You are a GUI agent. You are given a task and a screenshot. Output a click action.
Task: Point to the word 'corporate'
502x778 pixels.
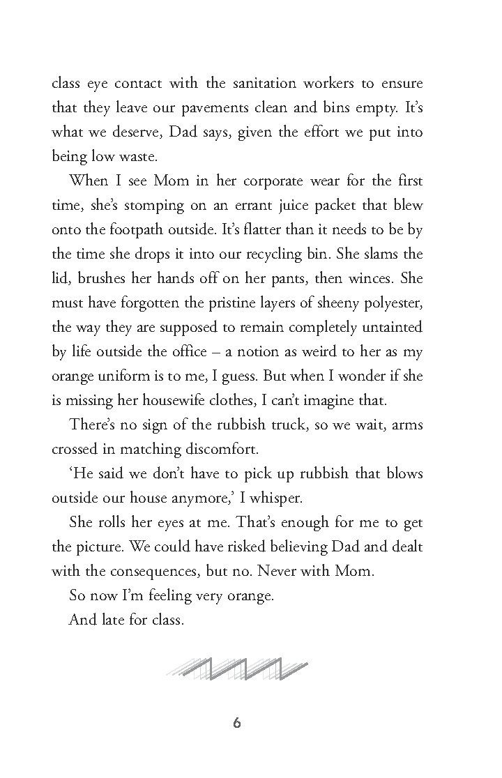click(261, 181)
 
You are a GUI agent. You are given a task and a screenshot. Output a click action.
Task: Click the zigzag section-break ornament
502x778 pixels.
click(237, 669)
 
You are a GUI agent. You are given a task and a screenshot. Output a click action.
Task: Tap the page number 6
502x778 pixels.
click(237, 724)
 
